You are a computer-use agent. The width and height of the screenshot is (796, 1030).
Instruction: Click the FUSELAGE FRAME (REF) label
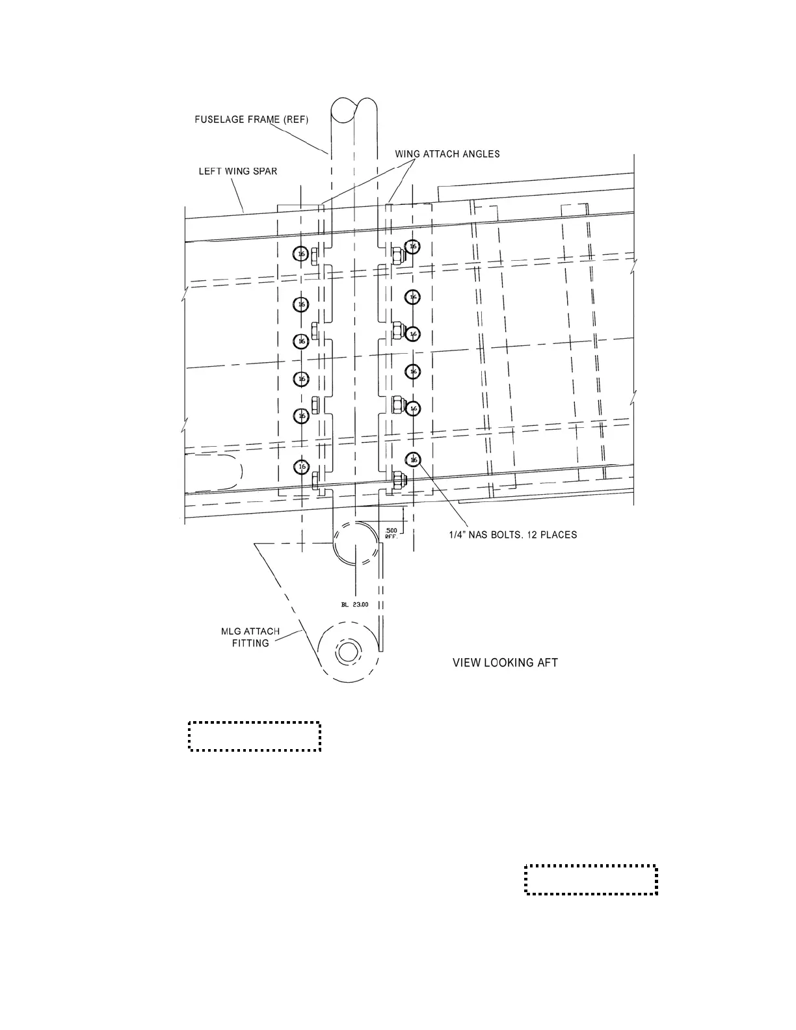coord(251,120)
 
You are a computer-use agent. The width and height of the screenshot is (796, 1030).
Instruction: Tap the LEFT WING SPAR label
coord(238,172)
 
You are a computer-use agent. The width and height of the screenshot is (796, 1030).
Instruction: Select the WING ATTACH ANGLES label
coord(447,154)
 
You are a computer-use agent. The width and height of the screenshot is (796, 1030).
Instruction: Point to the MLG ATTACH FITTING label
coord(250,637)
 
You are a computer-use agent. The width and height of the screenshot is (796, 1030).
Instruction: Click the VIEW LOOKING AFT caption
coord(505,663)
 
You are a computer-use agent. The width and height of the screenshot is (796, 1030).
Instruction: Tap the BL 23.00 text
coord(355,605)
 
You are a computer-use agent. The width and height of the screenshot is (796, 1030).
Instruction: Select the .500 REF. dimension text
coord(391,534)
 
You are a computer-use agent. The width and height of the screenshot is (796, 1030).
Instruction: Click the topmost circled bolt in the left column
coord(301,254)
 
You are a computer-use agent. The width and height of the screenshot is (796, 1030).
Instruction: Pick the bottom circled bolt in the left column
coord(301,467)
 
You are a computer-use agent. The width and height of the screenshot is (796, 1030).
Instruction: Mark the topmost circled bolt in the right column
coord(412,247)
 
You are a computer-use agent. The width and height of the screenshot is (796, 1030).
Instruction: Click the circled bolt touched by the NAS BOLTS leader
coord(413,460)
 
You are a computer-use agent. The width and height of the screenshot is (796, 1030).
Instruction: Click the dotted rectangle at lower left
coord(255,736)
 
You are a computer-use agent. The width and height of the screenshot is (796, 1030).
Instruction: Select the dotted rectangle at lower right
coord(591,880)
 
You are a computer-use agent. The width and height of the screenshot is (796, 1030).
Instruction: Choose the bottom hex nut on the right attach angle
coord(397,482)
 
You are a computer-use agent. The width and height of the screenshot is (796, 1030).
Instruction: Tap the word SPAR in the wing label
coord(266,172)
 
